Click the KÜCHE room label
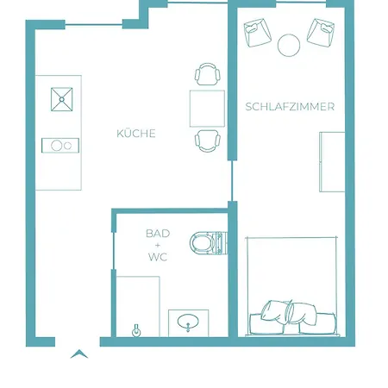(136, 134)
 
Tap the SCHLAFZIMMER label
(290, 107)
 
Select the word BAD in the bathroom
(158, 234)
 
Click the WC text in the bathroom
(158, 257)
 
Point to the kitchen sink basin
(62, 99)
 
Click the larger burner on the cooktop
(57, 146)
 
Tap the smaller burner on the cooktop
(68, 146)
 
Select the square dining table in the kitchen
(207, 109)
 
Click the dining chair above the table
(208, 74)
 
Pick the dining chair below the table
(208, 141)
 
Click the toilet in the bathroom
(209, 243)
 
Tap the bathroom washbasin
(188, 322)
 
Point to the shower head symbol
(136, 331)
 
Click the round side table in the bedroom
(289, 45)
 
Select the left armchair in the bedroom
(258, 33)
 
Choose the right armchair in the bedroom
(321, 32)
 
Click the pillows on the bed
(289, 313)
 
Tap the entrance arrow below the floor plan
(79, 354)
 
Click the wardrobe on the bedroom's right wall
(332, 162)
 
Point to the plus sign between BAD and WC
(158, 245)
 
